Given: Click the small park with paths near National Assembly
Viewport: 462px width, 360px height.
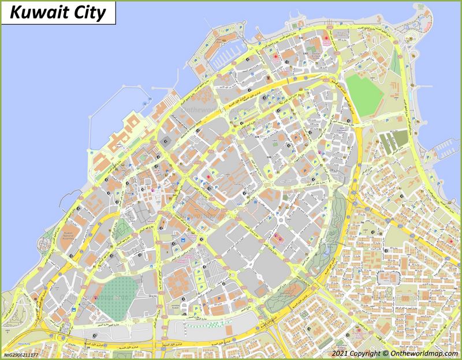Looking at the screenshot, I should coord(122,231).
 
